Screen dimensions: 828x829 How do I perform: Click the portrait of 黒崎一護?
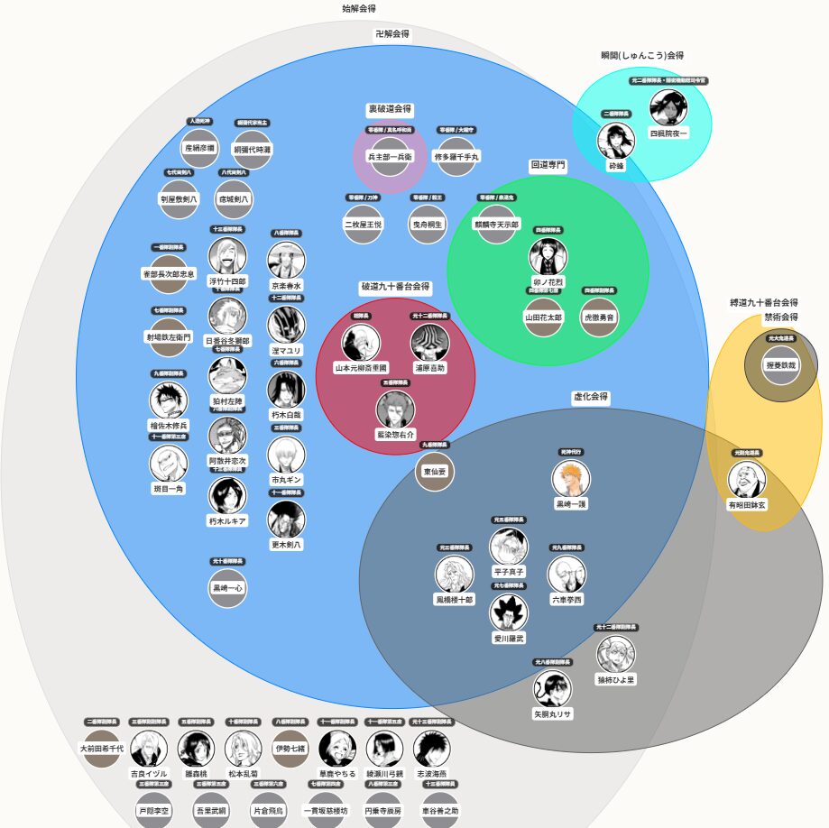tap(571, 478)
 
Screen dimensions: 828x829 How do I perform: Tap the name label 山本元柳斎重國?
tap(361, 368)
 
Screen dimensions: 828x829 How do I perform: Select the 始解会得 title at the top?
tap(358, 8)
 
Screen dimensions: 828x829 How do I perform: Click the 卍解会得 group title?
tap(392, 34)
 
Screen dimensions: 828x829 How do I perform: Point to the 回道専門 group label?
tap(548, 166)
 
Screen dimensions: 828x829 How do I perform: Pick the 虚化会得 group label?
tap(591, 397)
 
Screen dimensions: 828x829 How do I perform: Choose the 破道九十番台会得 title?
tap(395, 288)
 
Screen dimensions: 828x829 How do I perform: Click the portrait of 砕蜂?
tap(615, 141)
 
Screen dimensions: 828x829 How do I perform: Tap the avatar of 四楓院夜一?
tap(668, 108)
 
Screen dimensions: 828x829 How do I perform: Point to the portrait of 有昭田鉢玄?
tap(747, 480)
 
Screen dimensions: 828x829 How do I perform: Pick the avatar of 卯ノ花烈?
tap(548, 256)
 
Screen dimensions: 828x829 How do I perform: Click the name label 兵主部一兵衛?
tap(390, 156)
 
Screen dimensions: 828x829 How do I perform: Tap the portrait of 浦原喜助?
tap(429, 343)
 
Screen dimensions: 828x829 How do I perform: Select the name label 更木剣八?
tap(287, 545)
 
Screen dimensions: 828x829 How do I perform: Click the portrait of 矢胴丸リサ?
tap(552, 688)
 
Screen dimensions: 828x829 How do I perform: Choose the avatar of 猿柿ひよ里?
tap(616, 654)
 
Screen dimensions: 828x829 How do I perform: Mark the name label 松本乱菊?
tap(243, 774)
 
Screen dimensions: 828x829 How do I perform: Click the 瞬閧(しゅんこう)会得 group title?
tap(642, 55)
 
